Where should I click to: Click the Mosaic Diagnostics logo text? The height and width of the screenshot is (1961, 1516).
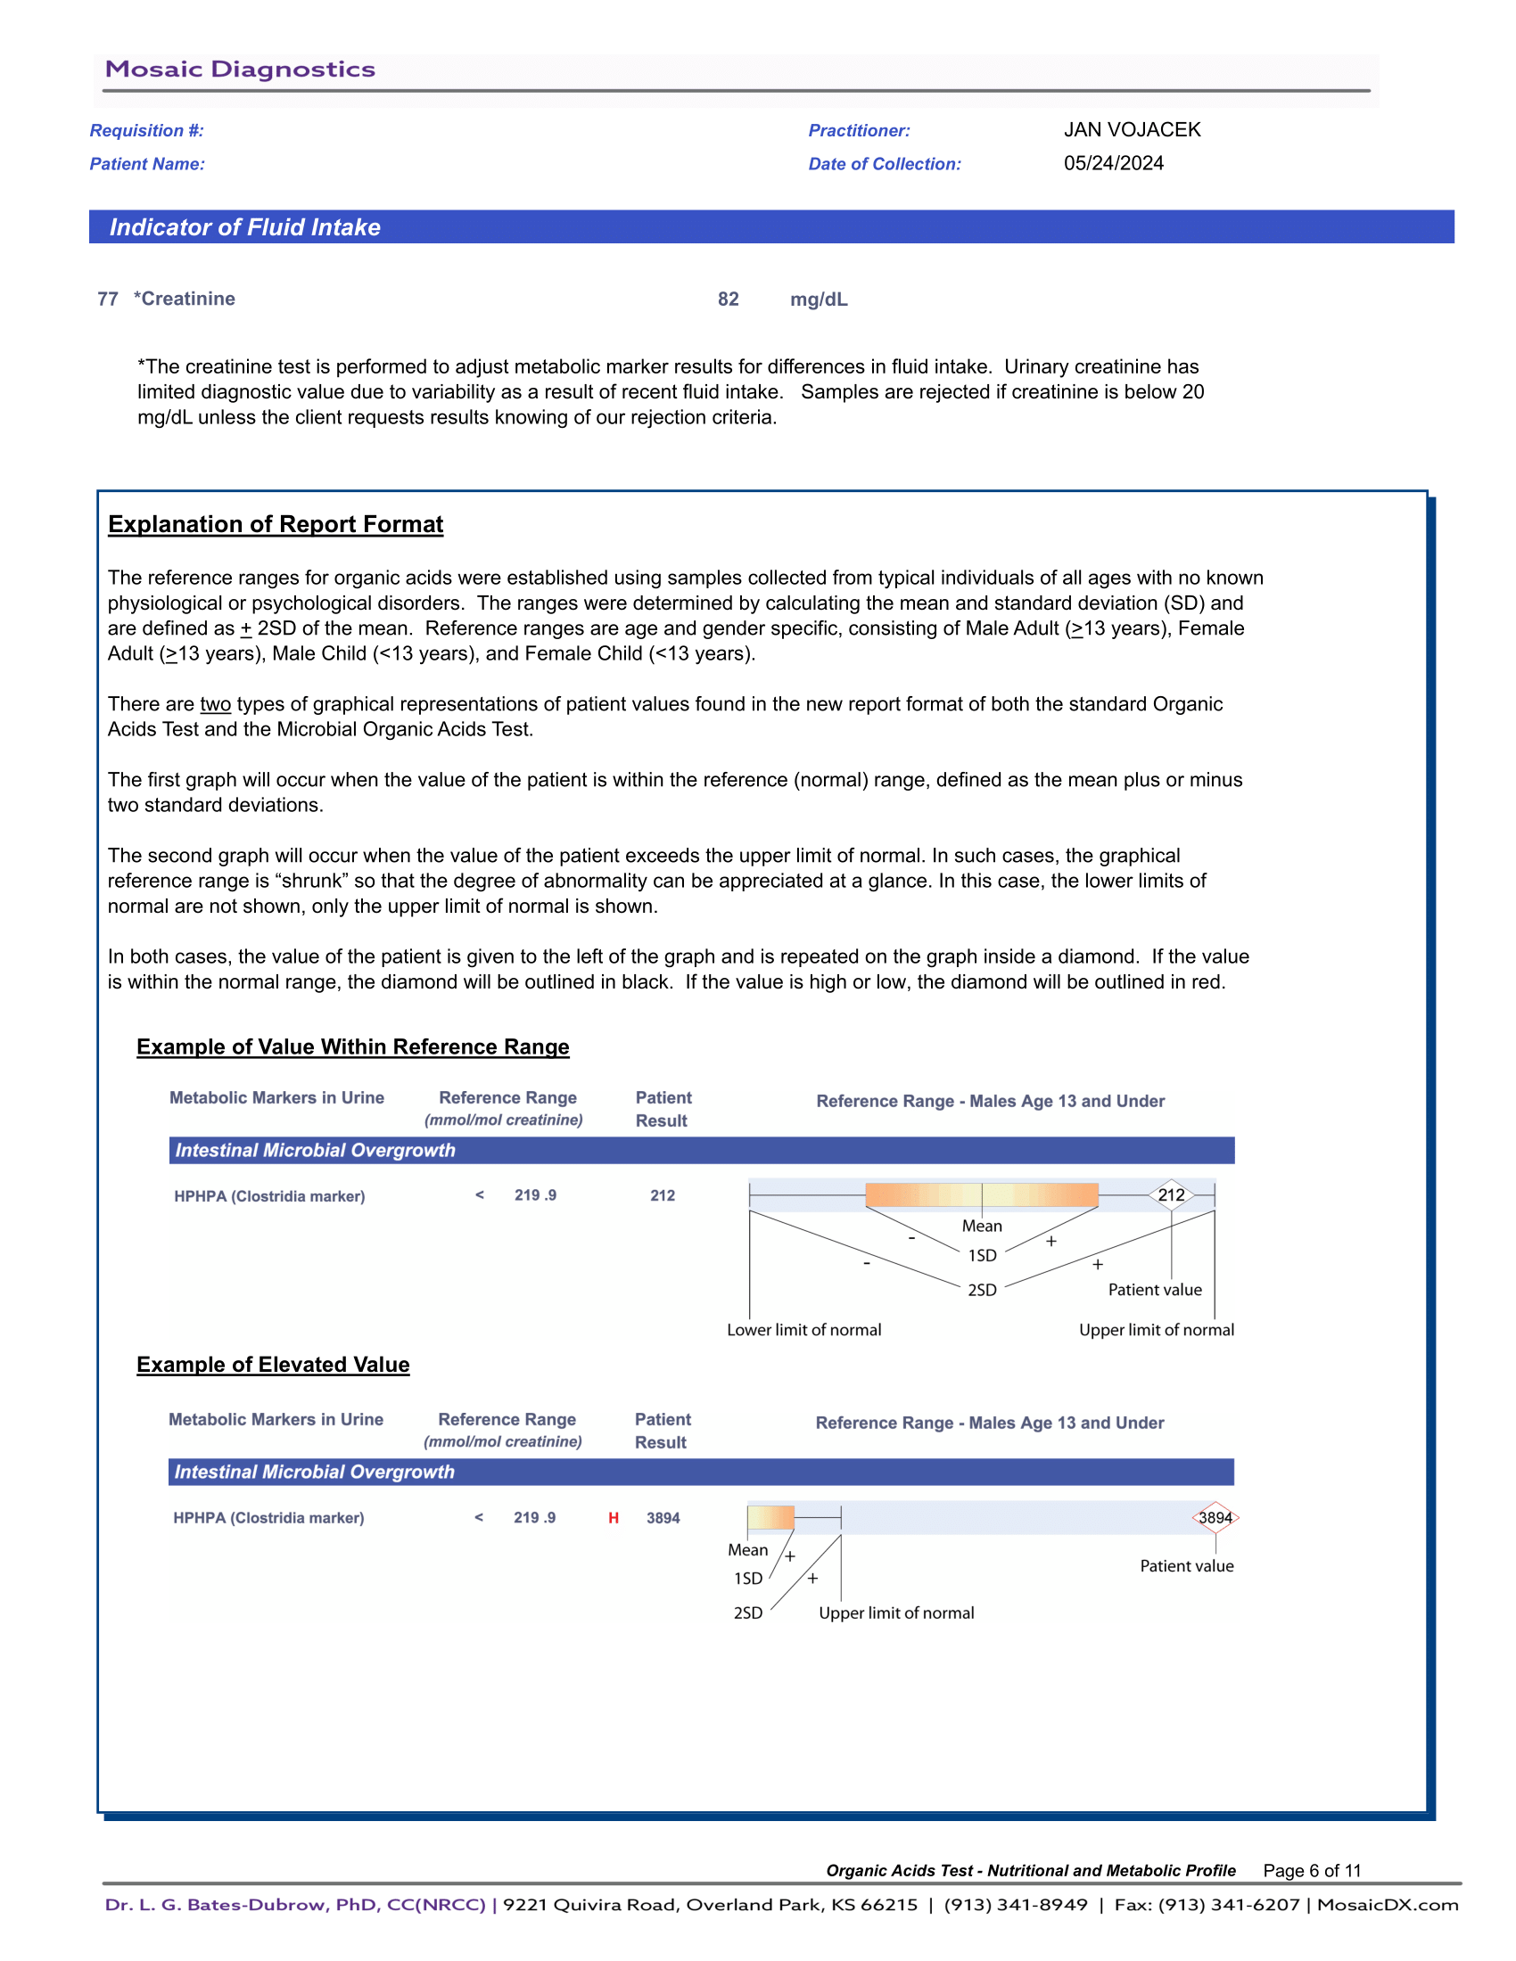pos(240,70)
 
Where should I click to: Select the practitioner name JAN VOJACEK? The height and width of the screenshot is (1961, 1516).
pos(1132,130)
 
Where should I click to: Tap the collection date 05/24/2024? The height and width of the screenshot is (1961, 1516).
pos(1113,163)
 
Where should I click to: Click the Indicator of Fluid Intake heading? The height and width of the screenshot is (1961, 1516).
pos(244,227)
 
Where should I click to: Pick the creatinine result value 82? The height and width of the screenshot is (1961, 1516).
pos(728,299)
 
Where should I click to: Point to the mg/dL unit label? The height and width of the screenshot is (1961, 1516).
pos(818,299)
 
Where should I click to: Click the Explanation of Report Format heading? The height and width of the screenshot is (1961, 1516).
pos(275,524)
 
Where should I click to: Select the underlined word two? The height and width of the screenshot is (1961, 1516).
pos(216,704)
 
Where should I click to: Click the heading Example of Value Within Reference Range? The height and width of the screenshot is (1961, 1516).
pos(352,1047)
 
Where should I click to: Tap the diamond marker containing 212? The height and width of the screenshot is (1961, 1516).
pos(1171,1195)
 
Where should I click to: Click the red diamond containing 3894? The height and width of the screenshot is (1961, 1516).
pos(1215,1517)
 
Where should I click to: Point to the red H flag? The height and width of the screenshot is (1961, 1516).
pos(614,1518)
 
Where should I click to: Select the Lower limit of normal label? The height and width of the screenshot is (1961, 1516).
pos(803,1330)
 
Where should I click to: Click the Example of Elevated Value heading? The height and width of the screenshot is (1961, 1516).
pos(273,1365)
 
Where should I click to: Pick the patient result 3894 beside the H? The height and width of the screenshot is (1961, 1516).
pos(663,1518)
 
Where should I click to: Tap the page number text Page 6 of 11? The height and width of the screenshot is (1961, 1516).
pos(1311,1870)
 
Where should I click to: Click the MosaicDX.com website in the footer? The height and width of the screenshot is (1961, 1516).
pos(1388,1905)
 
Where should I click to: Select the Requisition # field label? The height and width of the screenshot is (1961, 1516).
pos(146,131)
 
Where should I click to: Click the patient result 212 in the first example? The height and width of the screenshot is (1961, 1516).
pos(662,1196)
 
